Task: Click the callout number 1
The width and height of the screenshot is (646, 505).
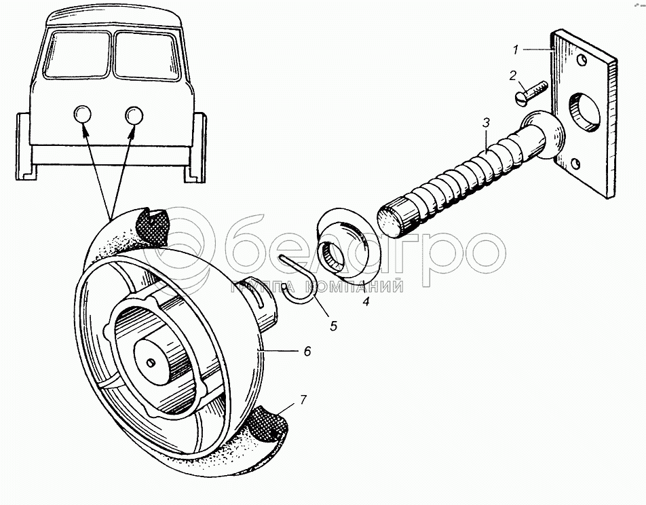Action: coord(516,50)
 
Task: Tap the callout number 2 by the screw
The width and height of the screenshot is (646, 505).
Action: coord(512,75)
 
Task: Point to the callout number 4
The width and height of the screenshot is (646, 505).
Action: coord(366,301)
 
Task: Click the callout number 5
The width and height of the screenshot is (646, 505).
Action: coord(333,326)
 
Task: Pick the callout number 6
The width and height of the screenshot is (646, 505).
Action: coord(307,351)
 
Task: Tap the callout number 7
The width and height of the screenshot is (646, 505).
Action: coord(303,400)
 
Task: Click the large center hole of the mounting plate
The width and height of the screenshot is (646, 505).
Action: coord(585,112)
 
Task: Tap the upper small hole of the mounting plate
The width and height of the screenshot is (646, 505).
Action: coord(581,60)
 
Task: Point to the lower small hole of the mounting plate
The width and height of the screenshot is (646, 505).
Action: coord(576,164)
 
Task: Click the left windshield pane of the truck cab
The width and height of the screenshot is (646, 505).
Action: coord(77,54)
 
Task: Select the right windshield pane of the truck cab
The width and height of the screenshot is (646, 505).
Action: coord(147,56)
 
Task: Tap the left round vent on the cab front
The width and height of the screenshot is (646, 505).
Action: coord(82,114)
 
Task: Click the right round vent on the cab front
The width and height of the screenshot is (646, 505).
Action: coord(134,115)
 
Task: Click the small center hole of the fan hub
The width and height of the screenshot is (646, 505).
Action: coord(151,362)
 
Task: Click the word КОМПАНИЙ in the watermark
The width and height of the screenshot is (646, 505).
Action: coord(354,286)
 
